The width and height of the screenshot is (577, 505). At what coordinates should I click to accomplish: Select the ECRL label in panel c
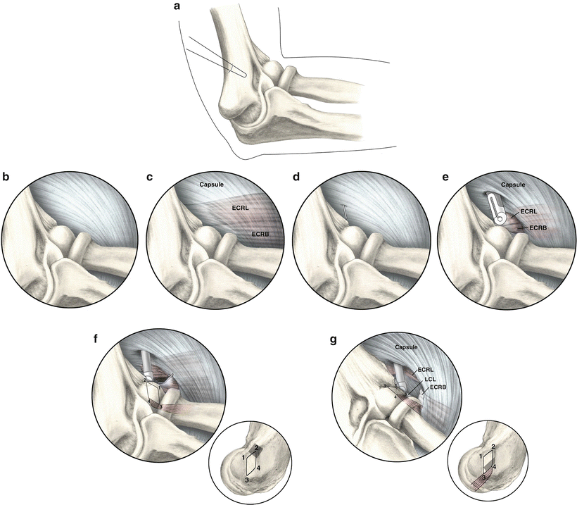243,208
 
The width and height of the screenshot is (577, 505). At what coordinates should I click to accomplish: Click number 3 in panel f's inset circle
246,480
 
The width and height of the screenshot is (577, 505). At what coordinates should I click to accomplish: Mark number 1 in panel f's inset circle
243,459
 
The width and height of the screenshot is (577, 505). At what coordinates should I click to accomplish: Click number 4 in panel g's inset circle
496,466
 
